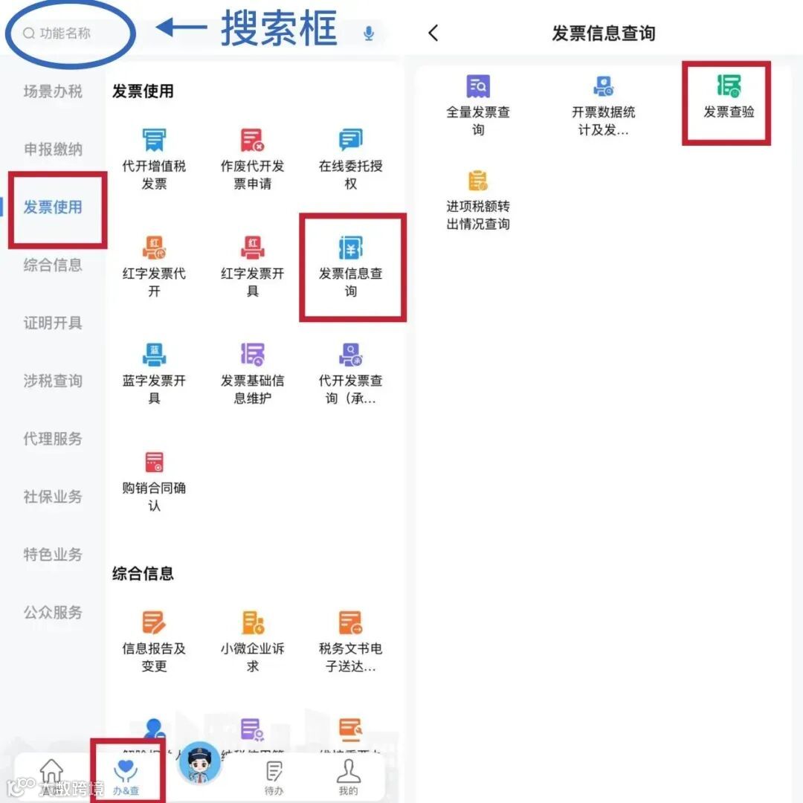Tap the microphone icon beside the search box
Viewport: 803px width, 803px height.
(x=369, y=33)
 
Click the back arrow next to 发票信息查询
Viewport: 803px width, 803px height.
(x=433, y=33)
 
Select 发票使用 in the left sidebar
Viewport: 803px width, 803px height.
(x=53, y=207)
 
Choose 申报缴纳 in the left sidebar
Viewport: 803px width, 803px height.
(x=53, y=149)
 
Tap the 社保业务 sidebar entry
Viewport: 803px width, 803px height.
(x=53, y=497)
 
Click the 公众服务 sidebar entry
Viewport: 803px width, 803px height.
(x=53, y=613)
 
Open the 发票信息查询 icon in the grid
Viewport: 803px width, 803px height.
(x=351, y=248)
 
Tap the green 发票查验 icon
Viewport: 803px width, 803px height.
(x=729, y=86)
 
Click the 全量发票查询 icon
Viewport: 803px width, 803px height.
(x=478, y=87)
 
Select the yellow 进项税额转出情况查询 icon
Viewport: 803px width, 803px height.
(x=478, y=181)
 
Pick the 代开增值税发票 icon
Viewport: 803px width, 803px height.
(x=154, y=140)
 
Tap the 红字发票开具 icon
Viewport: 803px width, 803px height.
(x=253, y=248)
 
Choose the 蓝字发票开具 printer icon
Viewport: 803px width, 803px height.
(x=154, y=355)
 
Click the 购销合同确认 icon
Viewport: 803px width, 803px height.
(x=154, y=462)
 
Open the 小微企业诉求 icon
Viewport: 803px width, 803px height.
(x=253, y=622)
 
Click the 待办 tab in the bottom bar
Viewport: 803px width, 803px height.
(x=274, y=777)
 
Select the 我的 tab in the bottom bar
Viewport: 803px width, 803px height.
(x=348, y=777)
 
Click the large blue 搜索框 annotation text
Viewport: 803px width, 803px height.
(x=279, y=30)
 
